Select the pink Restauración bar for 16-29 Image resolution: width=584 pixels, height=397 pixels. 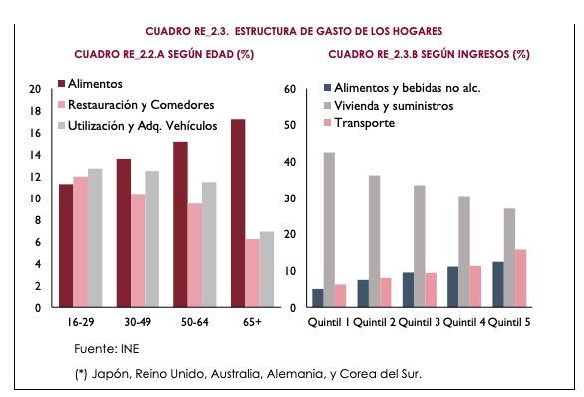80,242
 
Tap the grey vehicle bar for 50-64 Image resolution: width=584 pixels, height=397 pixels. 209,244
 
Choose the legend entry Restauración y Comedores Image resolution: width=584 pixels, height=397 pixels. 146,104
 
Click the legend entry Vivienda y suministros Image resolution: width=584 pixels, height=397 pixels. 395,105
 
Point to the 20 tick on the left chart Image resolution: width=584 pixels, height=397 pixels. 34,89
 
